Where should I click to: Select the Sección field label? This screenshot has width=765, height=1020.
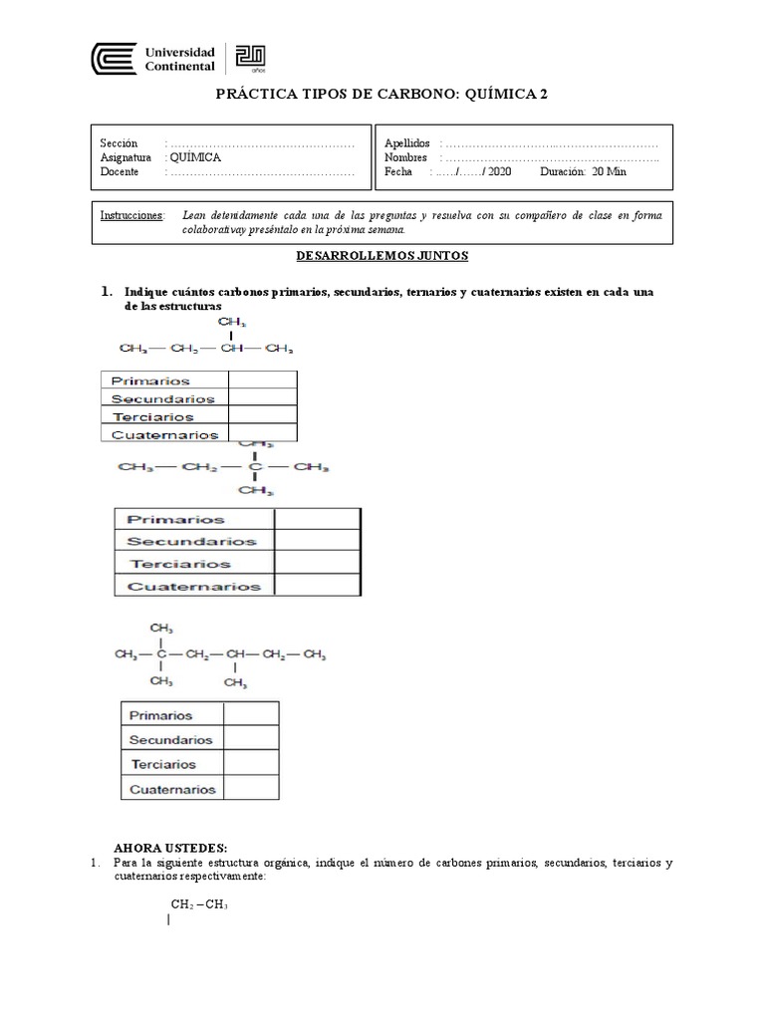[120, 143]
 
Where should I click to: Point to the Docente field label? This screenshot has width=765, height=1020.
[121, 171]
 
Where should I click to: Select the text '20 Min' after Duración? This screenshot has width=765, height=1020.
[610, 171]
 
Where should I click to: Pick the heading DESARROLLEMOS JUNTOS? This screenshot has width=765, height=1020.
[382, 256]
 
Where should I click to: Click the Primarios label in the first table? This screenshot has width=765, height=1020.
[150, 381]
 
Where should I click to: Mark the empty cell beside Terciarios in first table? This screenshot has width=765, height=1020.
[262, 416]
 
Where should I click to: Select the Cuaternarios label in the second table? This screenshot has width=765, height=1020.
[193, 587]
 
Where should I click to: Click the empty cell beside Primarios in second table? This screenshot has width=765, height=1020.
[317, 519]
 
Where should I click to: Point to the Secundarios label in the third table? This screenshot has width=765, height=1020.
[170, 740]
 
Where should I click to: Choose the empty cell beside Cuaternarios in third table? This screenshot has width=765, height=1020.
[251, 789]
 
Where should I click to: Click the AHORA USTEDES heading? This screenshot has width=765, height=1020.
[162, 847]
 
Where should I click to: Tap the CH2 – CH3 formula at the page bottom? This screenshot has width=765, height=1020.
[199, 903]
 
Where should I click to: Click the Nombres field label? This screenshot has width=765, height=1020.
[406, 157]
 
